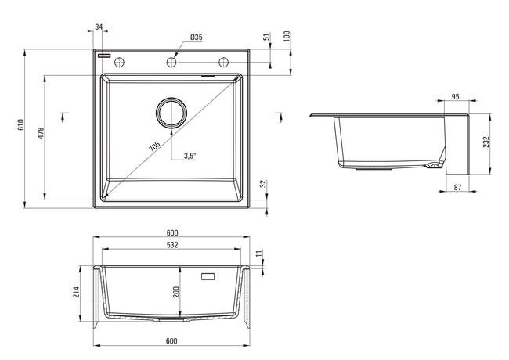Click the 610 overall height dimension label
[x=21, y=125]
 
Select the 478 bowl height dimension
[x=41, y=133]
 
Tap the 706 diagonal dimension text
[x=154, y=146]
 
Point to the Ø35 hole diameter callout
[x=197, y=38]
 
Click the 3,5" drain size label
[x=190, y=156]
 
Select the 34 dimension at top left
[x=99, y=27]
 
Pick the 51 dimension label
[x=267, y=37]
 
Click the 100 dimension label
[x=287, y=36]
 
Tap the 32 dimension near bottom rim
[x=263, y=184]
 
